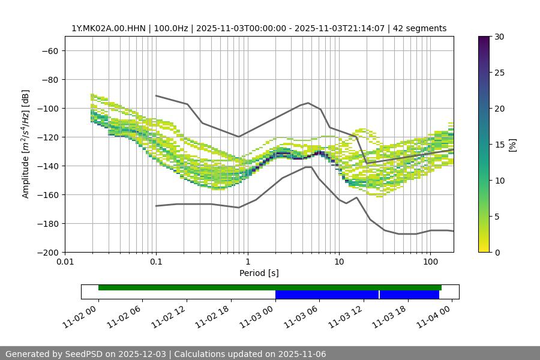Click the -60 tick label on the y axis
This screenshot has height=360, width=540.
[x=49, y=50]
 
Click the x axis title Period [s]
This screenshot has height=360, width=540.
[x=259, y=273]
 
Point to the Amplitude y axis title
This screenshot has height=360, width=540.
[x=25, y=144]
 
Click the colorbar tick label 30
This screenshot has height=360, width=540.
[x=498, y=37]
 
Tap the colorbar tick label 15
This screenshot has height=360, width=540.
[x=498, y=145]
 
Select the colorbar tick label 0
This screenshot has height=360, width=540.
[x=496, y=252]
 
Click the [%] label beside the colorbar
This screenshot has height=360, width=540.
[x=512, y=145]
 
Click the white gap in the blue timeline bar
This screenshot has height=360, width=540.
[x=379, y=295]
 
